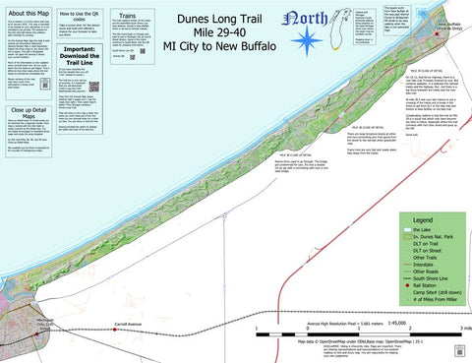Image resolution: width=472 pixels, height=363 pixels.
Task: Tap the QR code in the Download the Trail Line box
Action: pos(94,86)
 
